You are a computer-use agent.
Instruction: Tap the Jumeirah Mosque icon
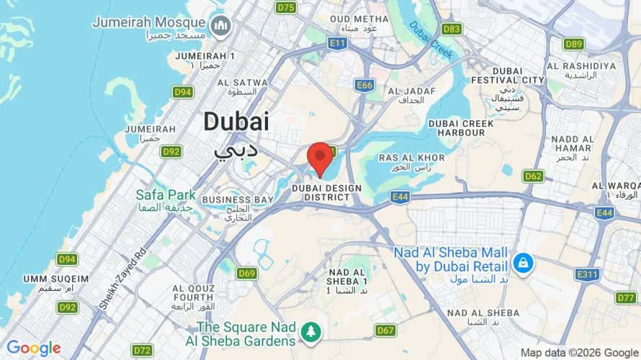pyautogui.click(x=221, y=27)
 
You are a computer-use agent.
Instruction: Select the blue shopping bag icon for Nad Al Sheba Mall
pyautogui.click(x=524, y=264)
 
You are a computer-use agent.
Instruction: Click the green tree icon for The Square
pyautogui.click(x=311, y=332)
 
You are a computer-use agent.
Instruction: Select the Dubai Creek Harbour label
pyautogui.click(x=461, y=128)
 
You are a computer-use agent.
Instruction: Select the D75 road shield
pyautogui.click(x=286, y=7)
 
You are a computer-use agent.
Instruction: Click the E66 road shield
pyautogui.click(x=365, y=86)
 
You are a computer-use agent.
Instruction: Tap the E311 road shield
pyautogui.click(x=587, y=274)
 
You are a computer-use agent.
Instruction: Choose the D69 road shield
pyautogui.click(x=247, y=273)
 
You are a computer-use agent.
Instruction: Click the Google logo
pyautogui.click(x=34, y=348)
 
